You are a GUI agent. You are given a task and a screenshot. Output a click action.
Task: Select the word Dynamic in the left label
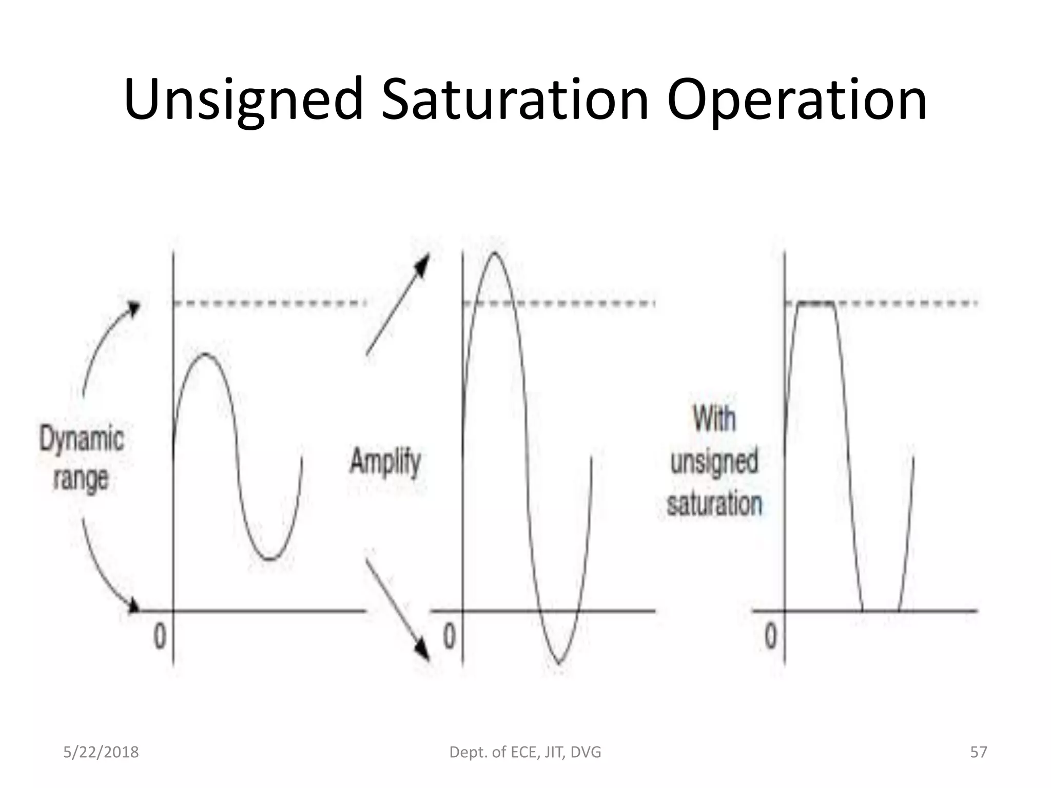82,440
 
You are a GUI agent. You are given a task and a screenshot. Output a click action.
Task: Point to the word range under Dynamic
81,480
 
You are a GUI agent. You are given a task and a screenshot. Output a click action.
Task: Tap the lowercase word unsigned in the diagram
714,461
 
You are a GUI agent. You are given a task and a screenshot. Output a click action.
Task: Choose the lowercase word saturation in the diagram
714,504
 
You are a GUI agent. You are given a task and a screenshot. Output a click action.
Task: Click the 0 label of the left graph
160,637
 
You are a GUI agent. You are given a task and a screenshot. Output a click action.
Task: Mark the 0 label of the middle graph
450,637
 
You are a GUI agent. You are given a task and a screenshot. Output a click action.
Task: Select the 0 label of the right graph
771,637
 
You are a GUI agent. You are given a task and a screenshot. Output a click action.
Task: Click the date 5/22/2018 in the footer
101,752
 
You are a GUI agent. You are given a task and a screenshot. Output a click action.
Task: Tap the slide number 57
979,752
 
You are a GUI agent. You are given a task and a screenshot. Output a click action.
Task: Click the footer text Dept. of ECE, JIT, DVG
525,752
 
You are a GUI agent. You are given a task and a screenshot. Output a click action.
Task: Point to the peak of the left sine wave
205,354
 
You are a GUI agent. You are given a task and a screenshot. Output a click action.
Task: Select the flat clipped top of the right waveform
816,304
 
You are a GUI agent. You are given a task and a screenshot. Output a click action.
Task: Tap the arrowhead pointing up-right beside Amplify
422,264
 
